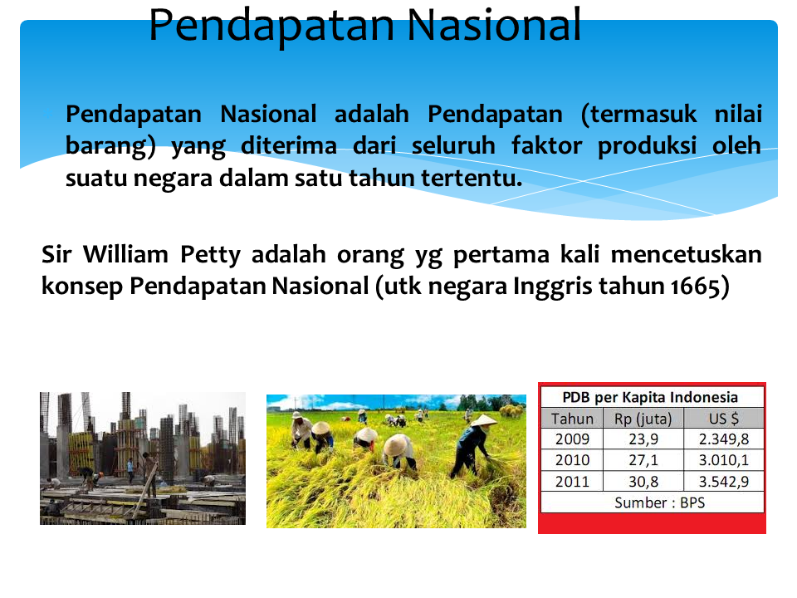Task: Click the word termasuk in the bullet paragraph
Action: pyautogui.click(x=638, y=114)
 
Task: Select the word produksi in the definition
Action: pyautogui.click(x=647, y=147)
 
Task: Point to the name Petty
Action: pyautogui.click(x=210, y=255)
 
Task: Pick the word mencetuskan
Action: pyautogui.click(x=687, y=254)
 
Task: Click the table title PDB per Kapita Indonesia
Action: pyautogui.click(x=650, y=397)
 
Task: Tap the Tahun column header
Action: pyautogui.click(x=572, y=419)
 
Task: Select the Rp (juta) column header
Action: pyautogui.click(x=643, y=419)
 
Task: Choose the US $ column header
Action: pyautogui.click(x=724, y=419)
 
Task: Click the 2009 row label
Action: pyautogui.click(x=572, y=439)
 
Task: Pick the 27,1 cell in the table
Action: pyautogui.click(x=643, y=461)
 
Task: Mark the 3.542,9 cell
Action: pyautogui.click(x=724, y=482)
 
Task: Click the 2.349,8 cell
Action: pyautogui.click(x=724, y=439)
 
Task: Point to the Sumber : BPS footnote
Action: pyautogui.click(x=660, y=503)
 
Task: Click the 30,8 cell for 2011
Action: pyautogui.click(x=643, y=482)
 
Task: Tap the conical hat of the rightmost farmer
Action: pyautogui.click(x=483, y=420)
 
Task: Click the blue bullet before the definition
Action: pyautogui.click(x=47, y=115)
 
